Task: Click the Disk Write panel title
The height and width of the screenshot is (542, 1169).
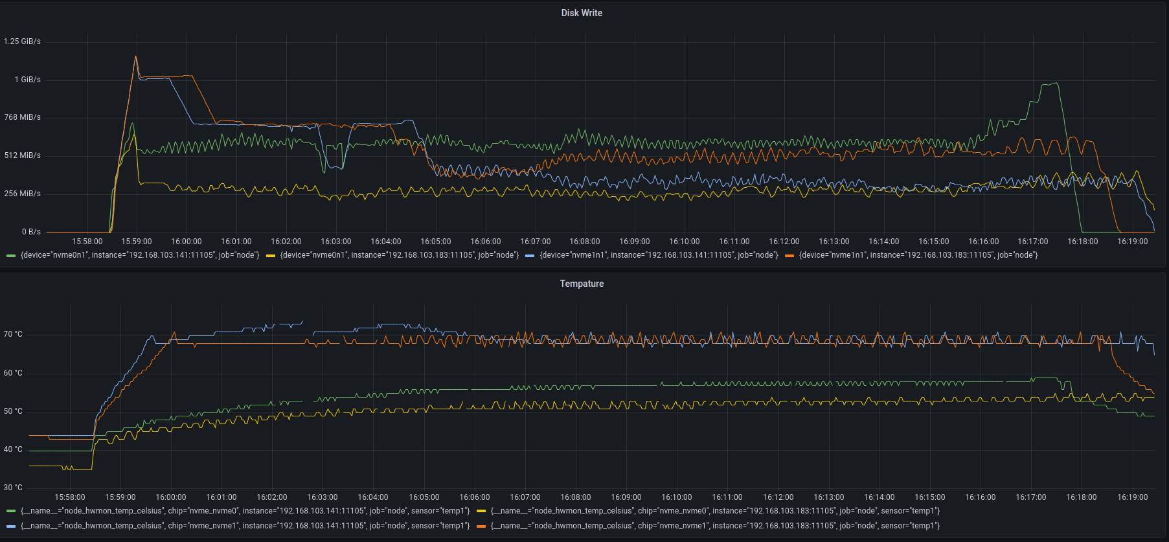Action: point(582,13)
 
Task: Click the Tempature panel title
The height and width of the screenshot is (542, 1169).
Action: point(582,284)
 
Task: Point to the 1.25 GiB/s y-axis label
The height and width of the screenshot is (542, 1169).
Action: point(22,41)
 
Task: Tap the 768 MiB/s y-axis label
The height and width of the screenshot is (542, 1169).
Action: point(22,117)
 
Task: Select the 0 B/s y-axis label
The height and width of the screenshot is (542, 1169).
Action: point(31,232)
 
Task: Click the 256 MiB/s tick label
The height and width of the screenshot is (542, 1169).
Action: point(22,194)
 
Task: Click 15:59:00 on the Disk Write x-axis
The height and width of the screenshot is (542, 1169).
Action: point(137,242)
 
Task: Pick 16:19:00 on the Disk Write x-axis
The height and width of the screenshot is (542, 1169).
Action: point(1132,242)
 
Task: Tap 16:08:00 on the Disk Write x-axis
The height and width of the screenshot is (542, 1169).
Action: point(585,242)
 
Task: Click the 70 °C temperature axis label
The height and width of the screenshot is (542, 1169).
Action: point(13,334)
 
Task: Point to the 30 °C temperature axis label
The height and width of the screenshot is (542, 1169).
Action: point(13,488)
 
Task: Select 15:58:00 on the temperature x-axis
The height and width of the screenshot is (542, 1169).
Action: point(70,497)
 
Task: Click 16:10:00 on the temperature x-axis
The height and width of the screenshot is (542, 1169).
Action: point(677,497)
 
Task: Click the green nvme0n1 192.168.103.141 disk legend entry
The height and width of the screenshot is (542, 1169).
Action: point(139,255)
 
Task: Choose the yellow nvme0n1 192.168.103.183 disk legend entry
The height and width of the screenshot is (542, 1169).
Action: point(399,255)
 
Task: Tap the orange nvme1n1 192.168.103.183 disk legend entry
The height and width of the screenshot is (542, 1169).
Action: point(918,255)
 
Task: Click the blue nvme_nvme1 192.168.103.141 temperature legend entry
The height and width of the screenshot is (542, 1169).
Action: point(245,526)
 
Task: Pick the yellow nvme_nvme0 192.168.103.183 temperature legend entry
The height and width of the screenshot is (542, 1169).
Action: point(715,511)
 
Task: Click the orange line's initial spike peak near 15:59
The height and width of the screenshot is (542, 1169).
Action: point(135,57)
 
